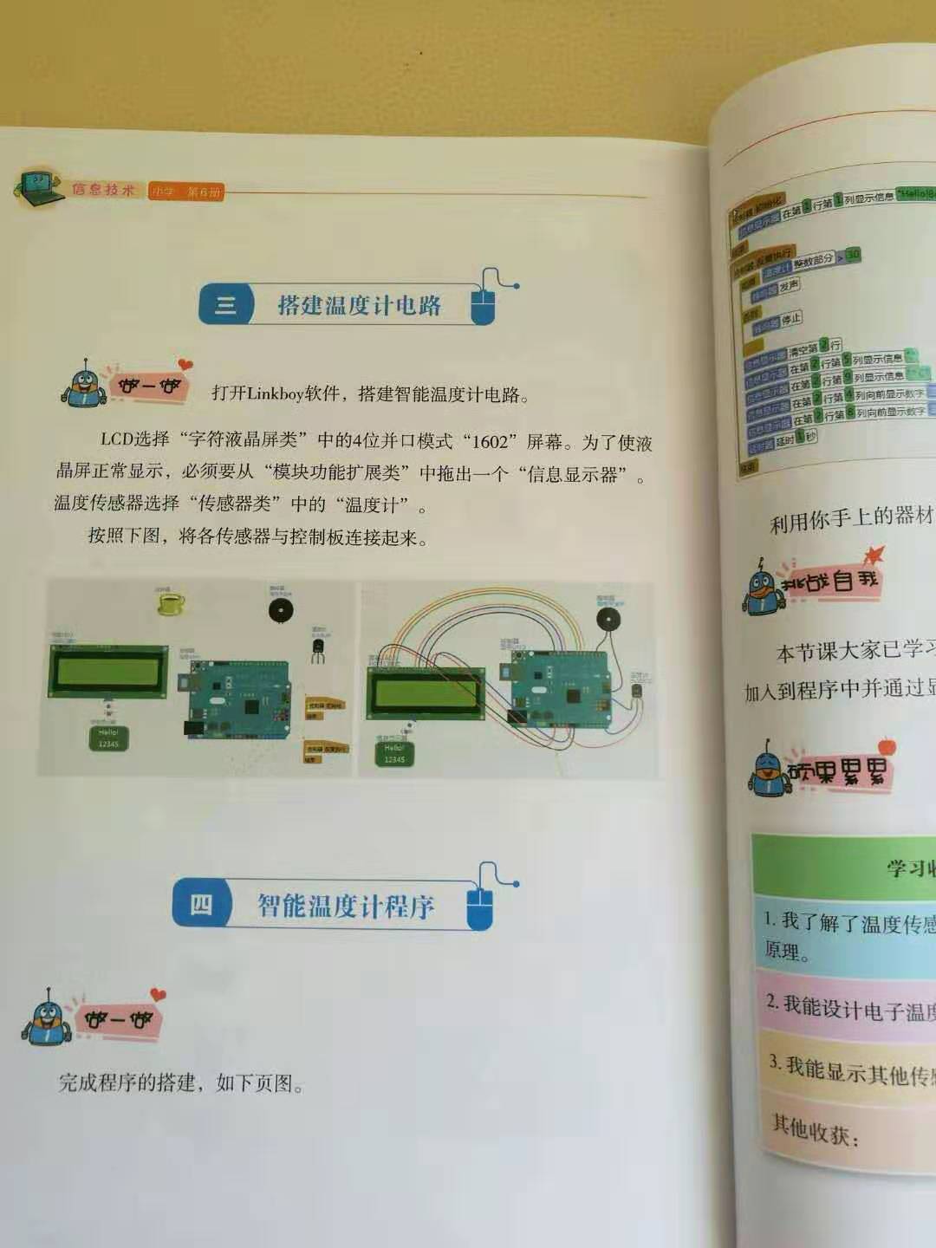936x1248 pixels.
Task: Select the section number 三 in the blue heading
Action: click(x=225, y=304)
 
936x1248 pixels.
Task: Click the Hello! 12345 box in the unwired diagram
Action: click(x=108, y=738)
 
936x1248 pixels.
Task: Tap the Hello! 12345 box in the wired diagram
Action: click(x=394, y=753)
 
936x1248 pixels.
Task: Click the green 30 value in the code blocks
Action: click(x=853, y=255)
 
